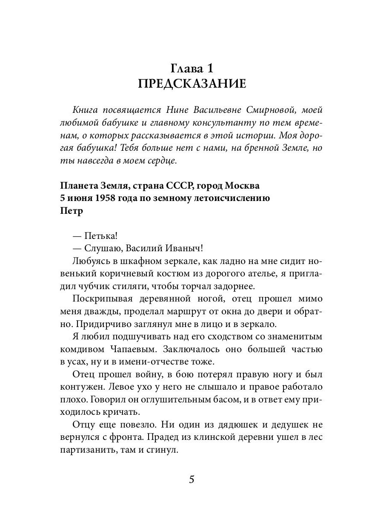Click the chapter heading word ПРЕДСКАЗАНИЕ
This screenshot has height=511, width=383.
191,83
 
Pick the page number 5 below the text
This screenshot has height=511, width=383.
191,479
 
